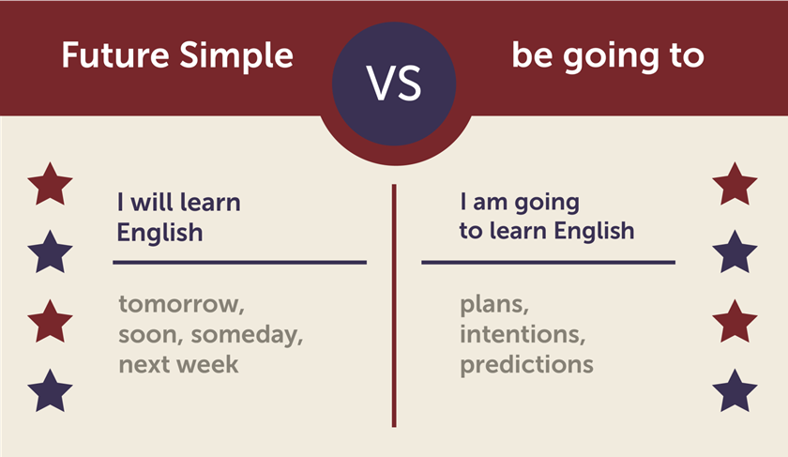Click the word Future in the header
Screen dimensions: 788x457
115,54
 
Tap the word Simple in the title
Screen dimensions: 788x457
236,55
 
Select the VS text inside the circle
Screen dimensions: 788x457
394,84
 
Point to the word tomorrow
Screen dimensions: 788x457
181,305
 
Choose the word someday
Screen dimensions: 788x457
247,335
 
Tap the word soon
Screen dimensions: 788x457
150,335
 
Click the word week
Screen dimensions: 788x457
209,364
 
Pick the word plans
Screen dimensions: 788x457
494,305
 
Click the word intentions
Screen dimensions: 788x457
523,334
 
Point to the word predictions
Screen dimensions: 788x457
526,364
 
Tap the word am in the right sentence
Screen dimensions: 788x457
490,203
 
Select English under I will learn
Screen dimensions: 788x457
159,233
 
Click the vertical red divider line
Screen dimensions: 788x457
394,306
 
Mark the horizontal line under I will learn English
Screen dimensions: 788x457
240,263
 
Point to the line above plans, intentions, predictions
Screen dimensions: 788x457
548,263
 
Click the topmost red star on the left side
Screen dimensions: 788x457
50,184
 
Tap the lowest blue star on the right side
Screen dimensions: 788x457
735,391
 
